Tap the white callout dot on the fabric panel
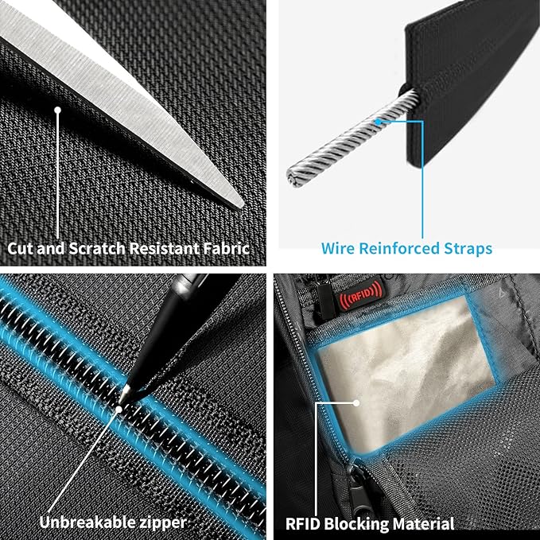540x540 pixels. tap(57, 111)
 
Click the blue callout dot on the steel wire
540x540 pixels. tap(379, 122)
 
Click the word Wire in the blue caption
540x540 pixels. tap(337, 248)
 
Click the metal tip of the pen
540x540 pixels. tap(123, 394)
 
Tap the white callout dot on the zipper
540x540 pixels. tap(118, 409)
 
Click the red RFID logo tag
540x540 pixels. tap(360, 293)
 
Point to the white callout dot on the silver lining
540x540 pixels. tap(356, 402)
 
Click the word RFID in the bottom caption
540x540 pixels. tap(303, 524)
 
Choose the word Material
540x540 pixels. tap(423, 524)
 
